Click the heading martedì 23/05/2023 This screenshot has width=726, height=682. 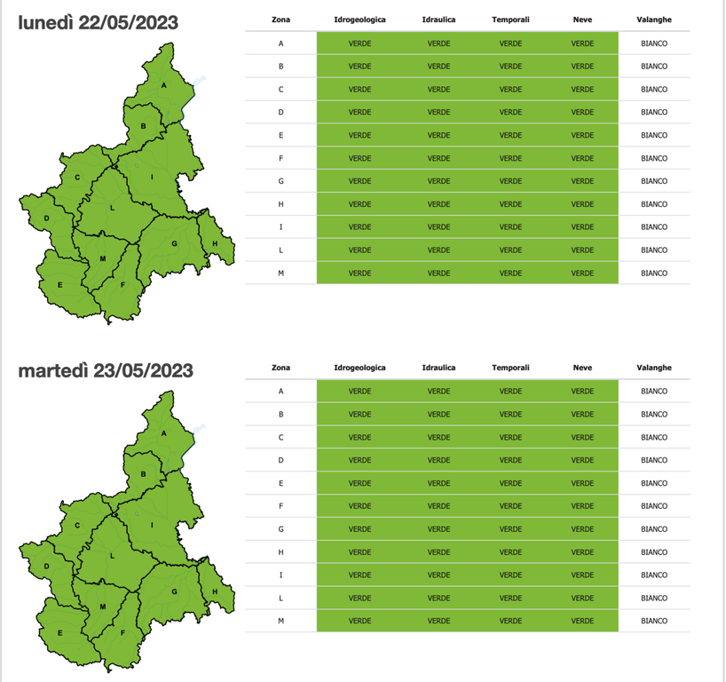click(x=106, y=369)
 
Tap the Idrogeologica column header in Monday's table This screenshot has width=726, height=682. click(x=359, y=20)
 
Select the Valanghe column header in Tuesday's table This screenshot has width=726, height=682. click(x=653, y=368)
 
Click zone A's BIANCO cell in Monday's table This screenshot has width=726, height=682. click(x=653, y=43)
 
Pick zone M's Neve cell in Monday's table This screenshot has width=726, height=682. click(x=582, y=273)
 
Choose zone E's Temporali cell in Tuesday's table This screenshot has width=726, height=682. click(x=510, y=483)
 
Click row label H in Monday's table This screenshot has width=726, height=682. click(x=280, y=204)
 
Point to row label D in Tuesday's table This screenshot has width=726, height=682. click(x=280, y=460)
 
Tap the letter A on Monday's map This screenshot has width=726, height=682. click(x=164, y=85)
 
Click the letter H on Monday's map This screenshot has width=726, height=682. click(x=215, y=243)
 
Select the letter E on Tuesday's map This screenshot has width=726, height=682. click(x=59, y=633)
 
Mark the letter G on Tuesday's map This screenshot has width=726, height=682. click(x=174, y=591)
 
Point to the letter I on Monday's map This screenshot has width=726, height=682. click(x=152, y=177)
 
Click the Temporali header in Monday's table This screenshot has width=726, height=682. click(x=510, y=20)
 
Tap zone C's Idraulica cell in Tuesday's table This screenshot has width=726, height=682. click(x=438, y=437)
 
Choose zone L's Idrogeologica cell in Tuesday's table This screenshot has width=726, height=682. click(x=359, y=598)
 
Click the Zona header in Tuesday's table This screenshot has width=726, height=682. click(x=280, y=368)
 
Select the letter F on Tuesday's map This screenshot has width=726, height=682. click(x=122, y=633)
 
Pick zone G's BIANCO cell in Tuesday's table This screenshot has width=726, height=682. click(x=653, y=529)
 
